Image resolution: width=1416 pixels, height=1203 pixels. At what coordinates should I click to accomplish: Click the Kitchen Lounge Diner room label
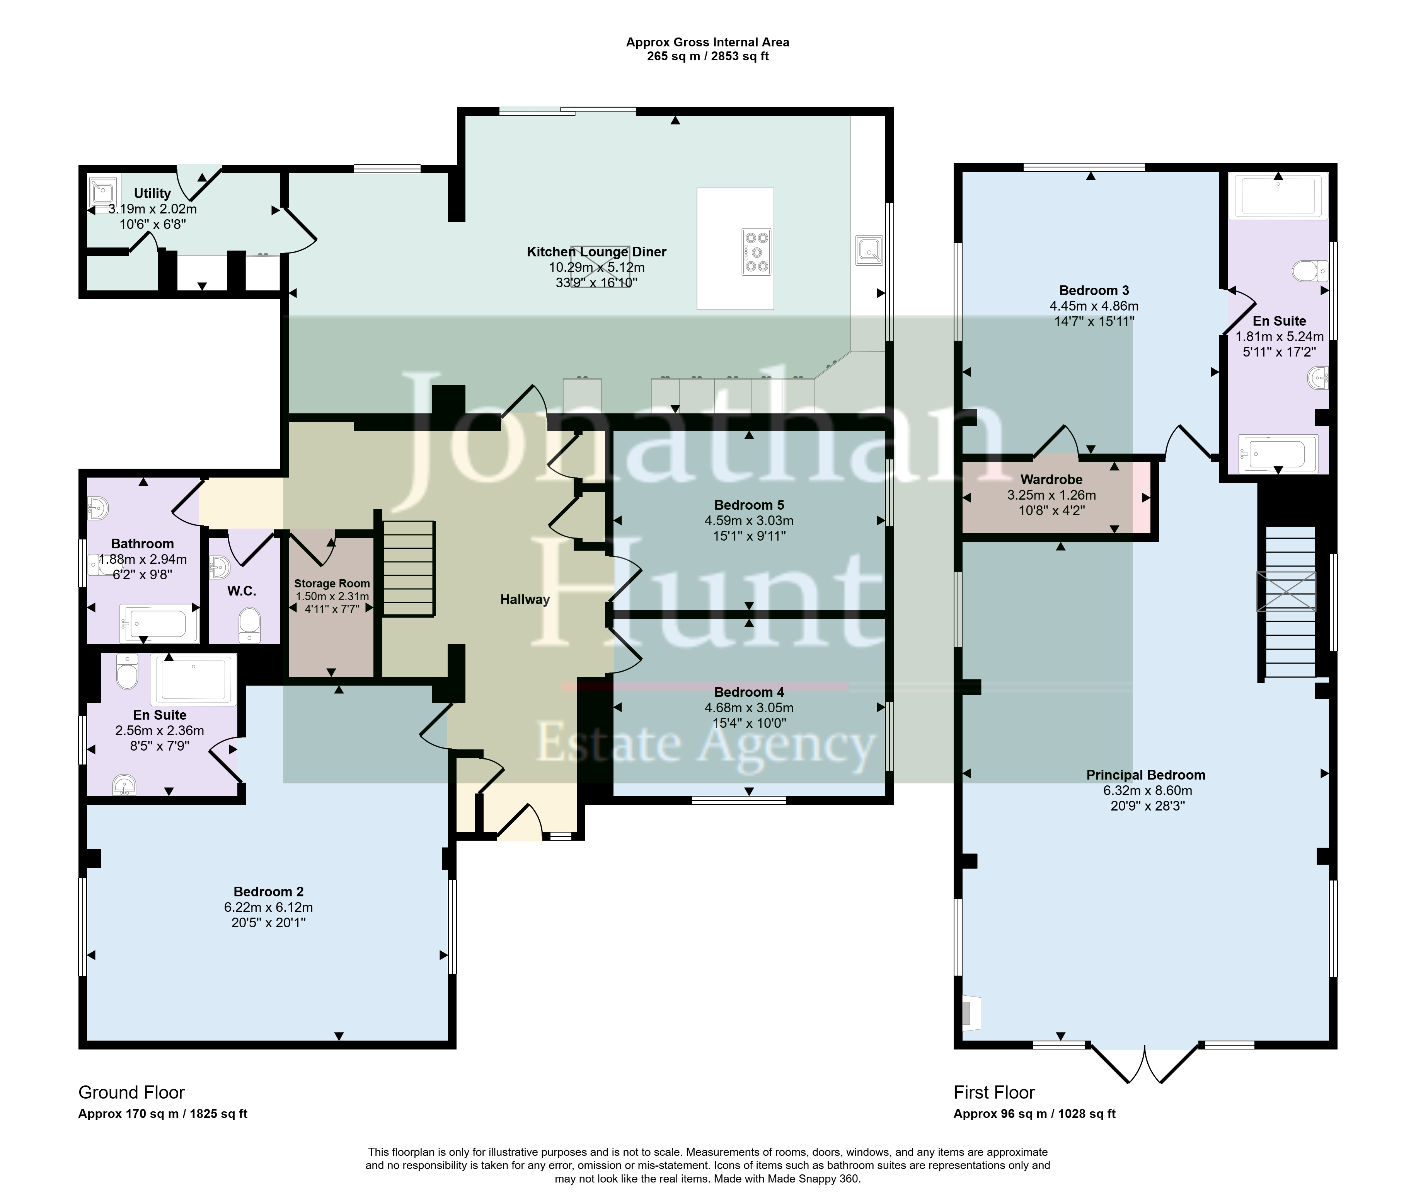596,252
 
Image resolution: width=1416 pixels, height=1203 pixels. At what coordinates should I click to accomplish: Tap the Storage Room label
332,584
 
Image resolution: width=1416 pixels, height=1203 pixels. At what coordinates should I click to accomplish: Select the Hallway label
525,599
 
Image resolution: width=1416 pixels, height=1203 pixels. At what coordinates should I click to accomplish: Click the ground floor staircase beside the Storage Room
408,569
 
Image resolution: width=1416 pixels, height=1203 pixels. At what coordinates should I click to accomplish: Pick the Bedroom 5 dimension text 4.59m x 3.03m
749,521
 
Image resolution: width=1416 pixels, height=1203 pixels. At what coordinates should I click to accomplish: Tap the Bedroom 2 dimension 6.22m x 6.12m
269,907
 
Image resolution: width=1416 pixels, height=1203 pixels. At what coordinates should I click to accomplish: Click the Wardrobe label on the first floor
1051,479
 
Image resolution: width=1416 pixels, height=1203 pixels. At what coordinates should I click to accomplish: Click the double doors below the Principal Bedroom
1145,1064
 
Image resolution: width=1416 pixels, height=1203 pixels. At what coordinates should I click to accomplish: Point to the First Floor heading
994,1092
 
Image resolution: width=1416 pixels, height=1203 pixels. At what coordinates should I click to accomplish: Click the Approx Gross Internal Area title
708,42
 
